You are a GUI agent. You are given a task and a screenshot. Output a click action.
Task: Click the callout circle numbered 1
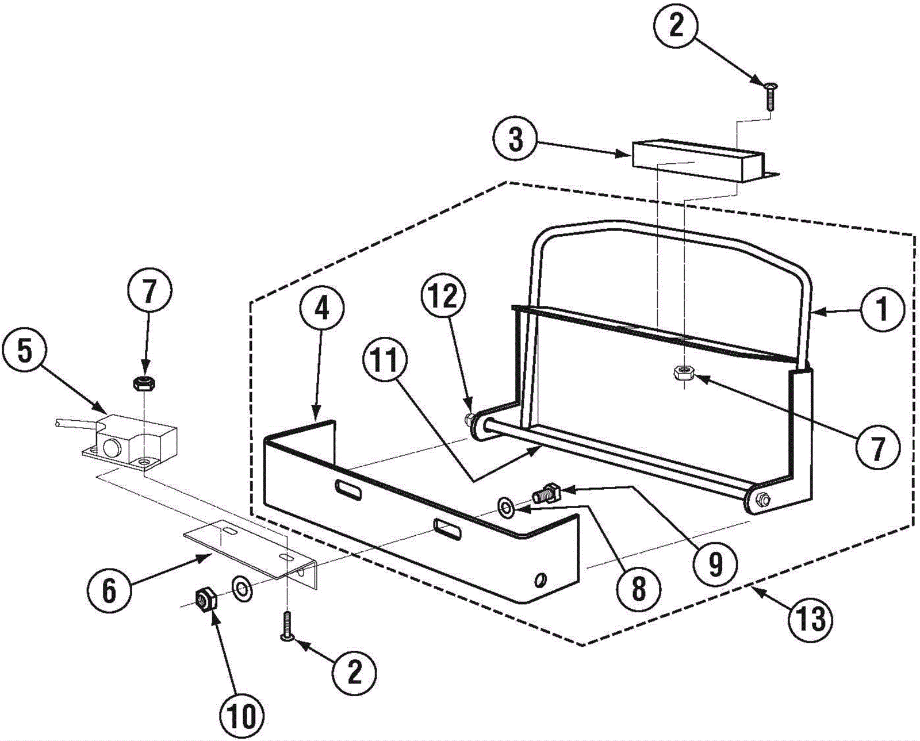pos(881,310)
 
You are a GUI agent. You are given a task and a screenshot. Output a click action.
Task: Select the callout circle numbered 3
pos(516,140)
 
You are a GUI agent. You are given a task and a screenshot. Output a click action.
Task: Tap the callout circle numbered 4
pos(321,309)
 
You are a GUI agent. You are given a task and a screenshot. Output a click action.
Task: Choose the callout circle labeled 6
pos(109,590)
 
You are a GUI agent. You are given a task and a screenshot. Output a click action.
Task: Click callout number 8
pos(639,589)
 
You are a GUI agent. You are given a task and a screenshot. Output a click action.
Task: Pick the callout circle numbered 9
pos(714,565)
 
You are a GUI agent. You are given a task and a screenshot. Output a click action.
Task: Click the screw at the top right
pos(769,96)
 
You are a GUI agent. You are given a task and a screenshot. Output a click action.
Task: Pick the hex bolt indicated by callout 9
pos(545,493)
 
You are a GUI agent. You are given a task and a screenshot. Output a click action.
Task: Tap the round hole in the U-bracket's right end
pos(540,578)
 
